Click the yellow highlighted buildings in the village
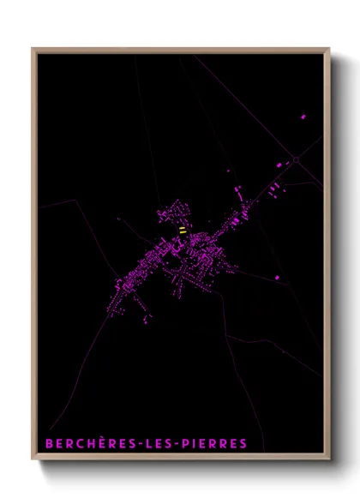[183, 230]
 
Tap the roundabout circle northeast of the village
[296, 159]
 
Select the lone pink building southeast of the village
[277, 277]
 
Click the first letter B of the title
[49, 444]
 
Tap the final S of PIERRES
[243, 444]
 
